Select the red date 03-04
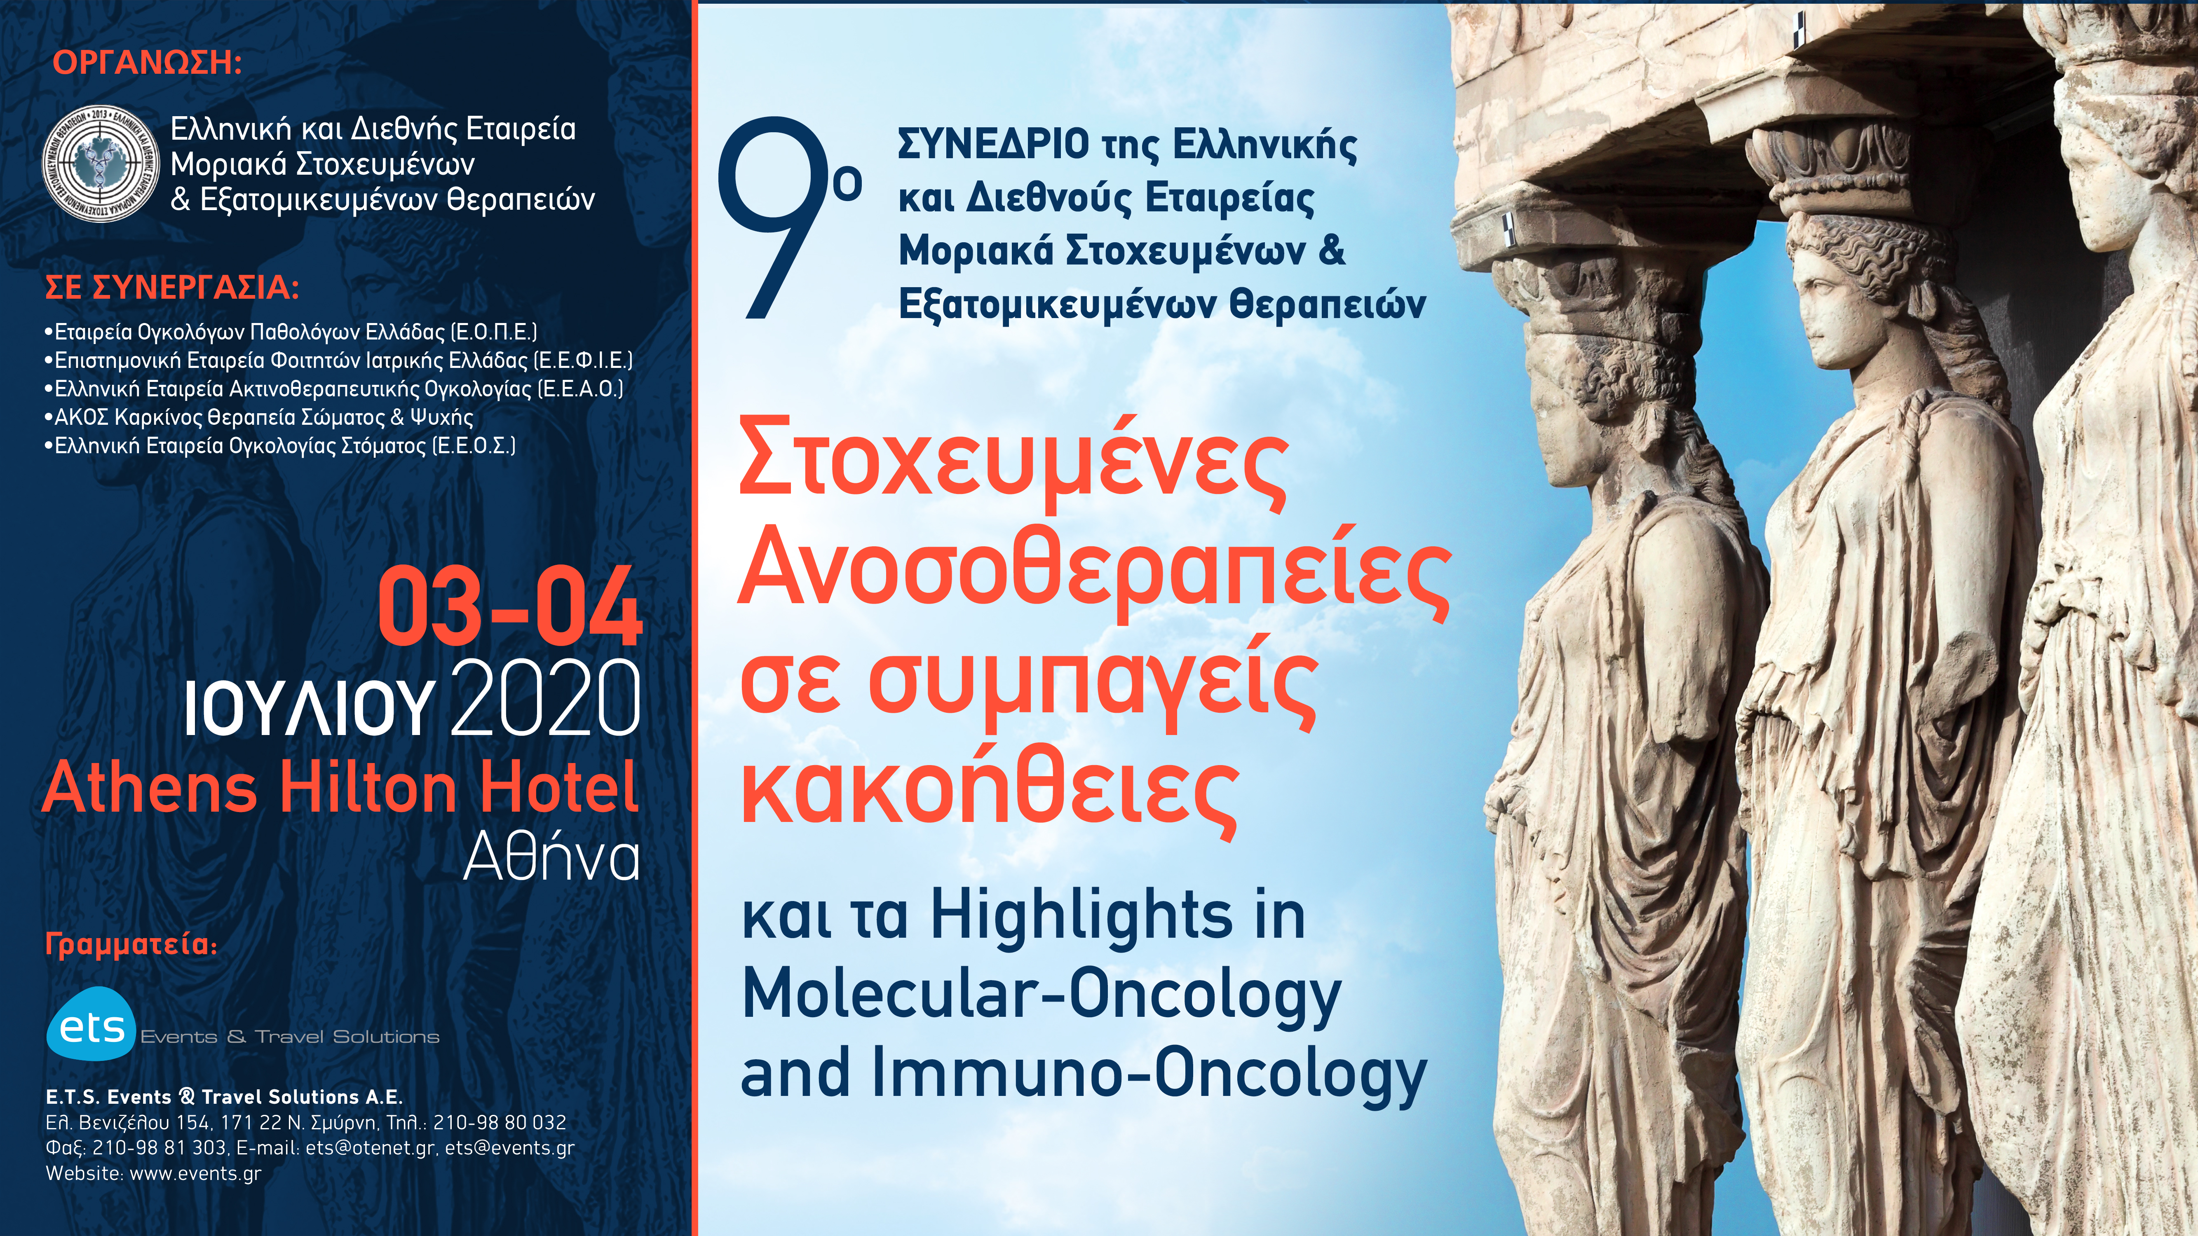pos(509,607)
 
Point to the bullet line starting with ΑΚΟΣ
pos(260,417)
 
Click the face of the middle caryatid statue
pos(1829,307)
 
